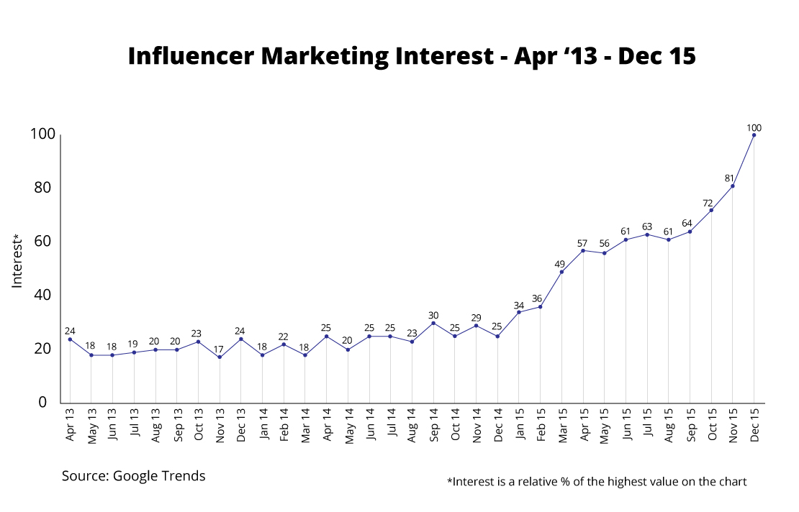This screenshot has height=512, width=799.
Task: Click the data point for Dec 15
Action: (x=754, y=134)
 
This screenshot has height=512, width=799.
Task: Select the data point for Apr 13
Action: (x=70, y=339)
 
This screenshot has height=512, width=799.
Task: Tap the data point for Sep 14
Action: (x=433, y=323)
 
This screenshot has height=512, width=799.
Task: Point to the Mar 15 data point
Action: (x=561, y=272)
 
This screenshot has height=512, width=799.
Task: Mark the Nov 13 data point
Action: (x=220, y=357)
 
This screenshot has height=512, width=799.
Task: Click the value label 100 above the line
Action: (x=754, y=125)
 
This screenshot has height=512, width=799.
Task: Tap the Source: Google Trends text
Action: (x=133, y=476)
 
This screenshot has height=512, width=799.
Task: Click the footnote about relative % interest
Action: (x=597, y=482)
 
